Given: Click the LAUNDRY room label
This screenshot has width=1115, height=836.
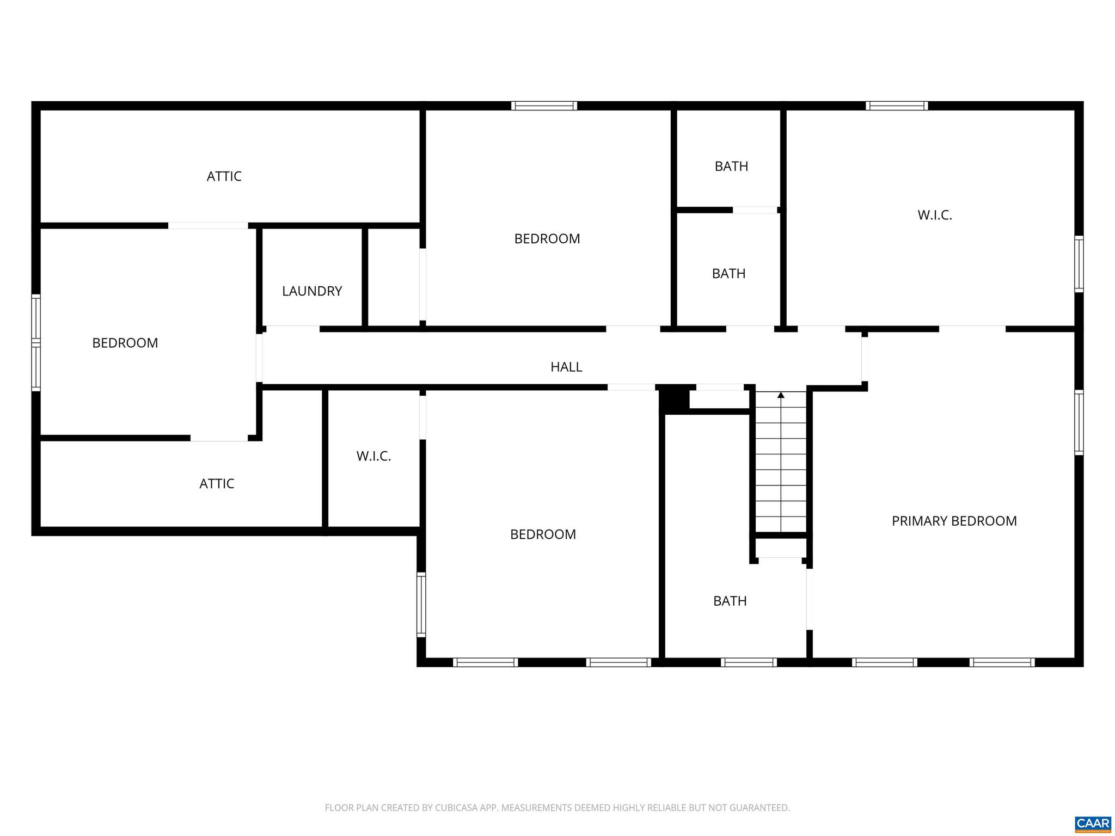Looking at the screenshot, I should (312, 291).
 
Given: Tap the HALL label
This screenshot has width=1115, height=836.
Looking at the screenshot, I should (566, 367).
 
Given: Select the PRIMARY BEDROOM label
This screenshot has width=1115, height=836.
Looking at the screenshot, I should (954, 521).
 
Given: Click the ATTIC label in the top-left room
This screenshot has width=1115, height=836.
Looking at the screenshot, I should (224, 176).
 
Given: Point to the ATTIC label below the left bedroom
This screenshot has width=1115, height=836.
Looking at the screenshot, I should (217, 484).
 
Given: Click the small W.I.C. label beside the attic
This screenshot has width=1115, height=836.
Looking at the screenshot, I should (373, 456).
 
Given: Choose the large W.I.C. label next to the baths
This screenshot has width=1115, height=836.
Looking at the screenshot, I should (934, 215).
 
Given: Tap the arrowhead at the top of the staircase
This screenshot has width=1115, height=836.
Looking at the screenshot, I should (781, 395).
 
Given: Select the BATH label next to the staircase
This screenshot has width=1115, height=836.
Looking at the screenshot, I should (730, 601).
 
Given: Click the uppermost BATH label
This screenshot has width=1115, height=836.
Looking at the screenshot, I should (731, 166).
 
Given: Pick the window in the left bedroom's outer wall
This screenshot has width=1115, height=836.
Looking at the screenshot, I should (36, 342).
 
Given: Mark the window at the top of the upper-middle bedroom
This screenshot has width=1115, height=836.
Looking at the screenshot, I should (544, 106).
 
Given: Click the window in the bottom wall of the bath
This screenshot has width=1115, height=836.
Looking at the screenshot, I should (748, 662).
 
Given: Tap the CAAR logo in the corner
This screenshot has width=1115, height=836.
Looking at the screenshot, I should (1093, 823).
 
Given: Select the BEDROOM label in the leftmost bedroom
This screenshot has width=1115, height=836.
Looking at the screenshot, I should (125, 343).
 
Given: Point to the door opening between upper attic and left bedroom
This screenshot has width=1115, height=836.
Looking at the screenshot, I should (208, 225).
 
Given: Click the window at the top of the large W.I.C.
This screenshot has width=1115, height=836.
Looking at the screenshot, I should (897, 106).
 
